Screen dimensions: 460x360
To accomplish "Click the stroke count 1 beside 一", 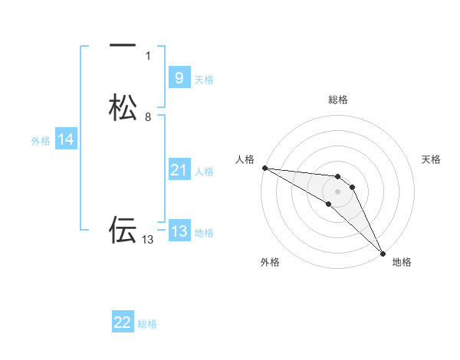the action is pyautogui.click(x=148, y=56).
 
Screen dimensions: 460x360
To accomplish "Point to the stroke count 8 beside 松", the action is pyautogui.click(x=148, y=117).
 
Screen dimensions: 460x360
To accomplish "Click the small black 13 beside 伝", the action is pyautogui.click(x=148, y=240).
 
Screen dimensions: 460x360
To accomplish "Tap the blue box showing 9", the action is pyautogui.click(x=179, y=77).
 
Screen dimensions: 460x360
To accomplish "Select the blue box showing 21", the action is pyautogui.click(x=179, y=170).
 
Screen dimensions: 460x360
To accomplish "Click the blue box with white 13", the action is pyautogui.click(x=179, y=231).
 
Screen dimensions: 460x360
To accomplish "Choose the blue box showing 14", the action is pyautogui.click(x=66, y=139).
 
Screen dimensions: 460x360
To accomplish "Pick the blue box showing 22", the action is pyautogui.click(x=123, y=322).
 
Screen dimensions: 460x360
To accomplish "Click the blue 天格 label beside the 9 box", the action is pyautogui.click(x=204, y=80).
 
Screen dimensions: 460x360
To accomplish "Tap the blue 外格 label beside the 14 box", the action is pyautogui.click(x=41, y=141).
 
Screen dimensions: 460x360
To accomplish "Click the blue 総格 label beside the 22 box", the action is pyautogui.click(x=147, y=324).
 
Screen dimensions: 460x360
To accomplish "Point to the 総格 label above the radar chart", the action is pyautogui.click(x=337, y=100).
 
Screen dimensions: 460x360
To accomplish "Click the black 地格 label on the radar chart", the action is pyautogui.click(x=402, y=263).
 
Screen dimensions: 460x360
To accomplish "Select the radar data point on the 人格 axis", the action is pyautogui.click(x=264, y=168).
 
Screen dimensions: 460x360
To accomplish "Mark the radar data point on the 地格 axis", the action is pyautogui.click(x=383, y=252).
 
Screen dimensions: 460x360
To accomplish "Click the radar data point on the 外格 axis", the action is pyautogui.click(x=328, y=204).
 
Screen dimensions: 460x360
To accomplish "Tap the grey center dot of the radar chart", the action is pyautogui.click(x=337, y=191).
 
